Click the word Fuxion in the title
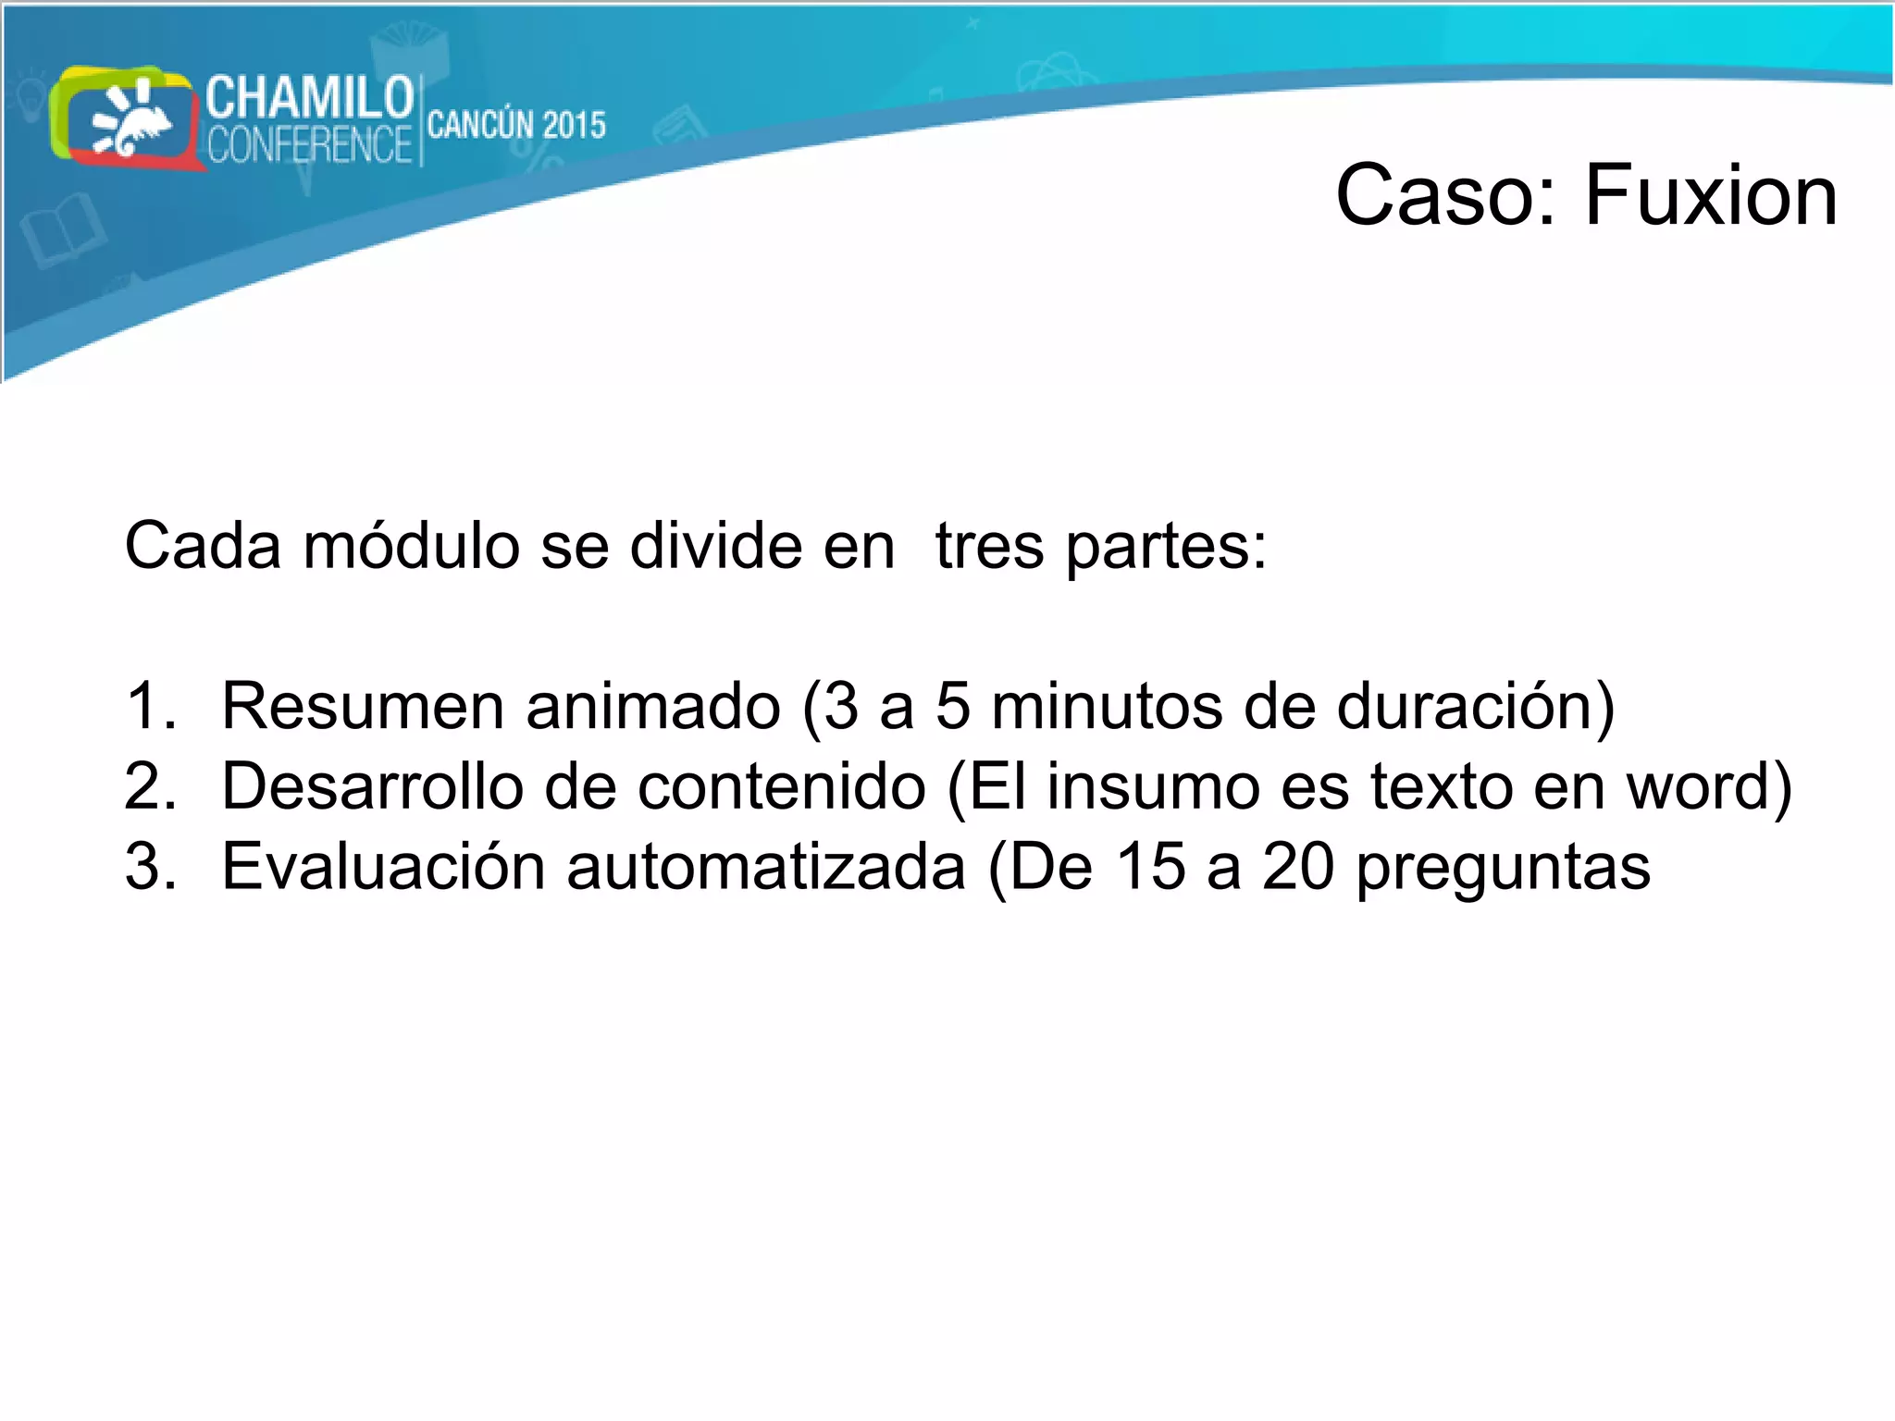point(1711,195)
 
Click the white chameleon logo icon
point(130,120)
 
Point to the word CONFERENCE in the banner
point(309,145)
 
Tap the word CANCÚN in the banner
point(479,125)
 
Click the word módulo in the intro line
point(412,546)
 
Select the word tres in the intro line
point(989,546)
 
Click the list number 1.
point(148,707)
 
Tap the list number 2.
point(148,787)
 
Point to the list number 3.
point(148,868)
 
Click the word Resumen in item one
point(363,707)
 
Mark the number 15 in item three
point(1150,868)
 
